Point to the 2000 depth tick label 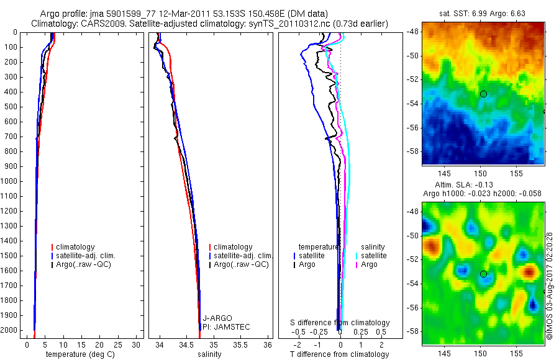tap(9, 331)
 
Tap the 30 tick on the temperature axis tap(137, 344)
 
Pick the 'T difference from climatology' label tap(339, 354)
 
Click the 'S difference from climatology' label tap(340, 323)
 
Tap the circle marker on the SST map tap(483, 94)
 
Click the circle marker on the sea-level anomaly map tap(483, 274)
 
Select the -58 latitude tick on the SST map tap(412, 151)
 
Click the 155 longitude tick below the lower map tap(516, 353)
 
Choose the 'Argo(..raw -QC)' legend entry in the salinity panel tap(241, 264)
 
